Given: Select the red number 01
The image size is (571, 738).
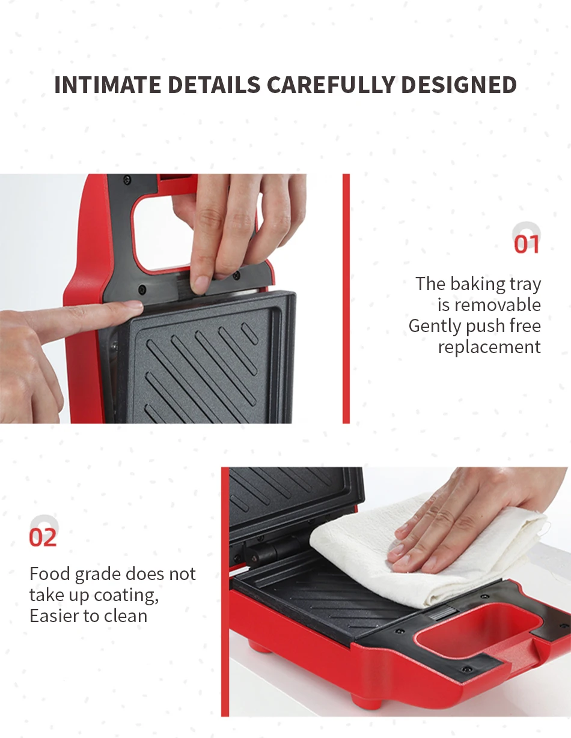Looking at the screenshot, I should point(527,245).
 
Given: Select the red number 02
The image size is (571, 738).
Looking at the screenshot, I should point(43,537).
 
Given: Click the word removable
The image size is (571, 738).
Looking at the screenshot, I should point(498,305).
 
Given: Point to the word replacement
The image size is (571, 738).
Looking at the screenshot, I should point(489,347).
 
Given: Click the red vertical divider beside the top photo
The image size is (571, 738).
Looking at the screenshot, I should point(346,298).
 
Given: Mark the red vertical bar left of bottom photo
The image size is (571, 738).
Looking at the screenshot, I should point(225,591).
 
